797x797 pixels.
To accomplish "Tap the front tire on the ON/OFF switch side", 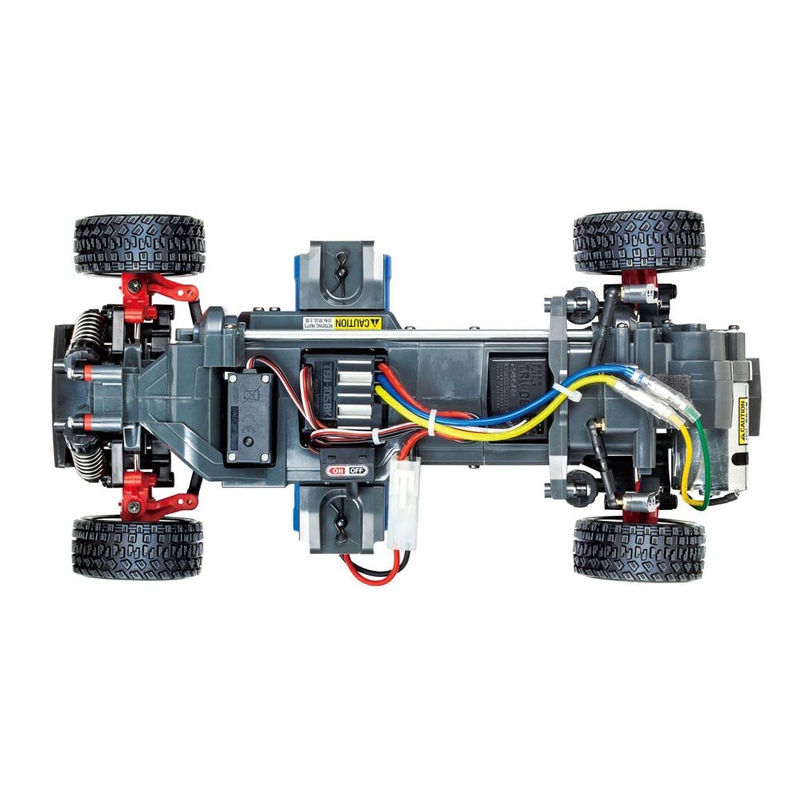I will click(x=138, y=548).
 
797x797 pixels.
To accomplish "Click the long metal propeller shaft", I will click(x=398, y=335).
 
